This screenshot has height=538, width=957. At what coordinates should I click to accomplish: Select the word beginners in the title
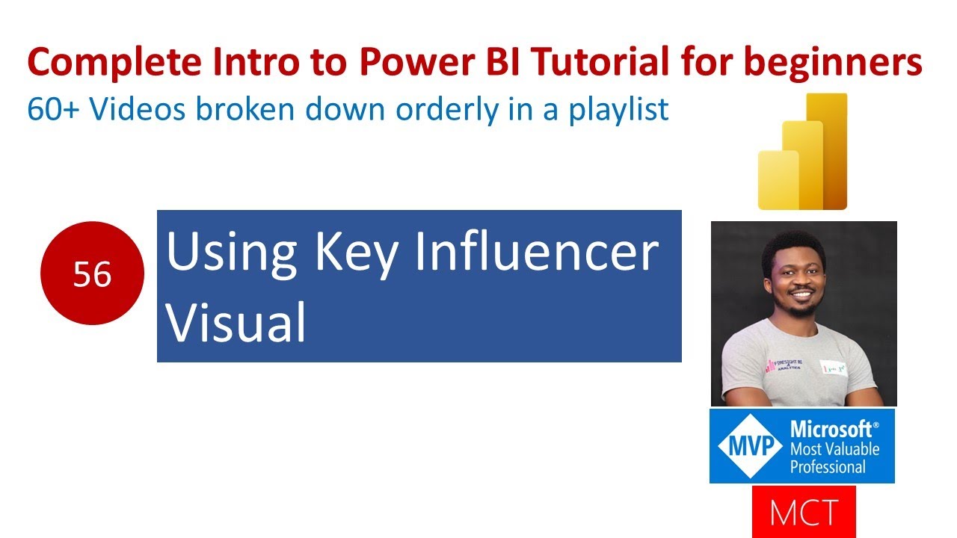coord(832,64)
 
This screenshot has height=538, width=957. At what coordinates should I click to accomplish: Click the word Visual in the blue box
coord(236,322)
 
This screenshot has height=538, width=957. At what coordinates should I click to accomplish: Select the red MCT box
coord(804,512)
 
